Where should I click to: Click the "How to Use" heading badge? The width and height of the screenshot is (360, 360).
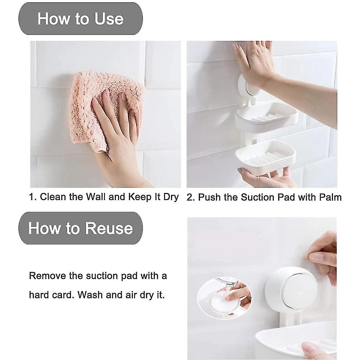click(80, 19)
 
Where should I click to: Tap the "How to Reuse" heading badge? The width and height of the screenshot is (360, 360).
click(80, 228)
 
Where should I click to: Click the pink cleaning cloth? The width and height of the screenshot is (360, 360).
click(107, 110)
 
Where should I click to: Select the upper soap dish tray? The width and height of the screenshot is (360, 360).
click(266, 117)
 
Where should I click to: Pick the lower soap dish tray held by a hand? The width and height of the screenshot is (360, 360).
click(266, 155)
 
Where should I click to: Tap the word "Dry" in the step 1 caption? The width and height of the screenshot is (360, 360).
click(171, 197)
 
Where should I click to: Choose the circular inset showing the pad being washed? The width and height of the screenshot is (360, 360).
click(224, 298)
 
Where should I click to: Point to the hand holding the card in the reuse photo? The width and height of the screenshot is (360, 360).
click(321, 257)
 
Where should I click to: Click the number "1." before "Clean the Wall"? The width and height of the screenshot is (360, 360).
click(33, 197)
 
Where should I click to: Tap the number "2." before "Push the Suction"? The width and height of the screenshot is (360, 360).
click(191, 197)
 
